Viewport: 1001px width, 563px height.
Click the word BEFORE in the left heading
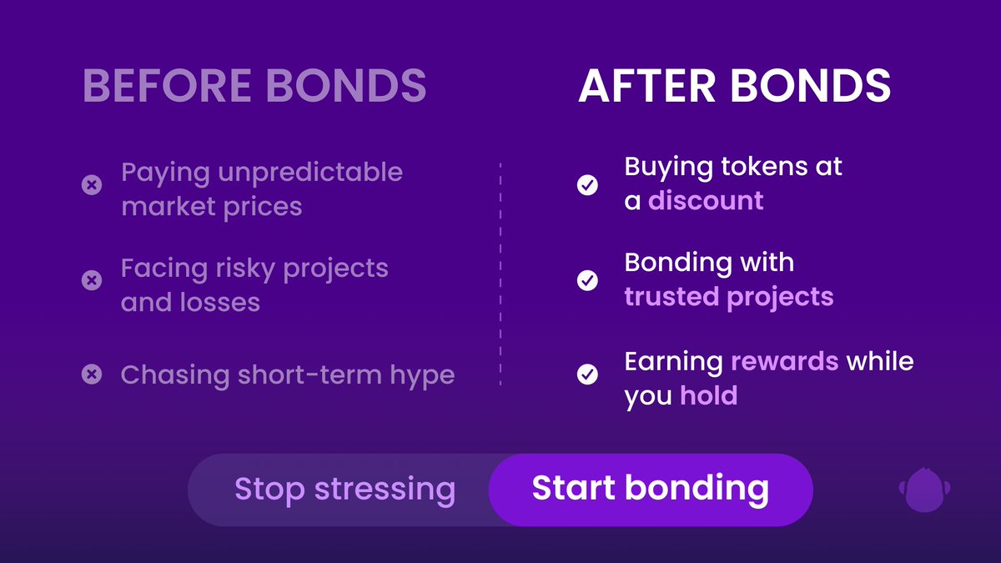click(167, 85)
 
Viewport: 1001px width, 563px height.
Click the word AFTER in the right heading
click(646, 85)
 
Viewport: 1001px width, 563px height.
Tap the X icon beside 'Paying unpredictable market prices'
click(92, 184)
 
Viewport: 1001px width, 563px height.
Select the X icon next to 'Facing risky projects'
click(92, 280)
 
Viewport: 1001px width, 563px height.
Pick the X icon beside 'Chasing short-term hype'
click(92, 374)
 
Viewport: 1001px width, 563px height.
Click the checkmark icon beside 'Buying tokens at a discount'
click(587, 184)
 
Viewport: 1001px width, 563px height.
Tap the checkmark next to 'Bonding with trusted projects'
click(587, 280)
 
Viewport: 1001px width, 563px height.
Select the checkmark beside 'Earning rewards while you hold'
click(587, 374)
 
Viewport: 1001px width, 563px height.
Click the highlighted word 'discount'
click(706, 200)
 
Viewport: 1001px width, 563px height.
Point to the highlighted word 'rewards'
click(785, 361)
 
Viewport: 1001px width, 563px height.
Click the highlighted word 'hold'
click(709, 395)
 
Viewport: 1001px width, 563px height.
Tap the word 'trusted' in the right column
click(672, 296)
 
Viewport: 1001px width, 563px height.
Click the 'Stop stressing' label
click(345, 490)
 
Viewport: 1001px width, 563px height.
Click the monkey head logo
click(924, 490)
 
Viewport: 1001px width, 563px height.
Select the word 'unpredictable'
click(310, 173)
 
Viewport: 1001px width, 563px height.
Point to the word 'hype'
click(422, 376)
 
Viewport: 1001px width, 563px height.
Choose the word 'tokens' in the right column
click(764, 166)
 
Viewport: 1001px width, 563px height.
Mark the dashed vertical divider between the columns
click(500, 274)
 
